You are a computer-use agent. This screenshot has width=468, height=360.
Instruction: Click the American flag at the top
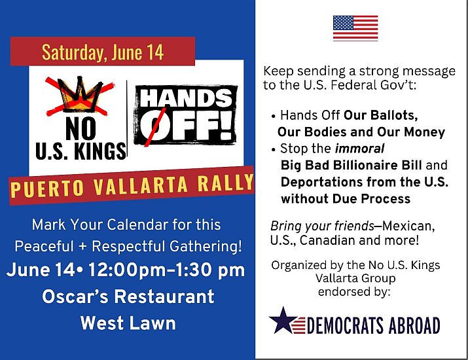tap(355, 28)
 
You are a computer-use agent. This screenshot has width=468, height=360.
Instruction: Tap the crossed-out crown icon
tap(80, 96)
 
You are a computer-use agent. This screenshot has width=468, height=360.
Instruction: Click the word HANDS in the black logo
tap(186, 98)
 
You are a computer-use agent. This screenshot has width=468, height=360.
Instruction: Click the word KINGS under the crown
tap(100, 151)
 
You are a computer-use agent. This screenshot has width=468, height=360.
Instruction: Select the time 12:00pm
tap(127, 270)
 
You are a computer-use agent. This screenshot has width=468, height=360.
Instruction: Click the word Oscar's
tap(75, 297)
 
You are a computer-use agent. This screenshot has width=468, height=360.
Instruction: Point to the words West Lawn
tap(128, 323)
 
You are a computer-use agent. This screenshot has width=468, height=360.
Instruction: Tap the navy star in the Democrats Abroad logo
tap(282, 321)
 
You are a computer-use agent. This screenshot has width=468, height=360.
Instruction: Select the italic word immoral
tap(359, 149)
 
